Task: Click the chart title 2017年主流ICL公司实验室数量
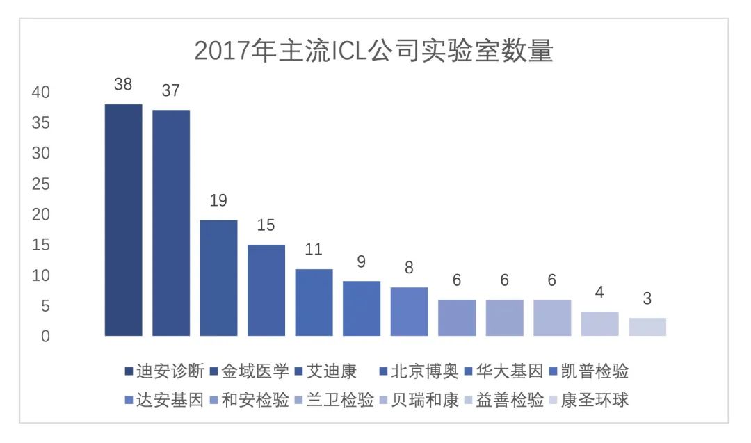pos(373,51)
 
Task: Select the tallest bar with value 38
pos(123,220)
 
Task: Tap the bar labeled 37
pos(171,223)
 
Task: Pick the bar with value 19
pos(218,278)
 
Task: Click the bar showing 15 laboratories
pos(266,290)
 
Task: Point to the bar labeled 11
pos(314,303)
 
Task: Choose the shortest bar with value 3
pos(647,327)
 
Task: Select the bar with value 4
pos(600,324)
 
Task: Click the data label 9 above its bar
pos(362,263)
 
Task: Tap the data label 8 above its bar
pos(409,268)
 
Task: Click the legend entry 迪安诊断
pos(164,371)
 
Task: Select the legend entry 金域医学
pos(249,371)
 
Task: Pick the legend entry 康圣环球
pos(588,400)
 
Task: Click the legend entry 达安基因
pos(164,400)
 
